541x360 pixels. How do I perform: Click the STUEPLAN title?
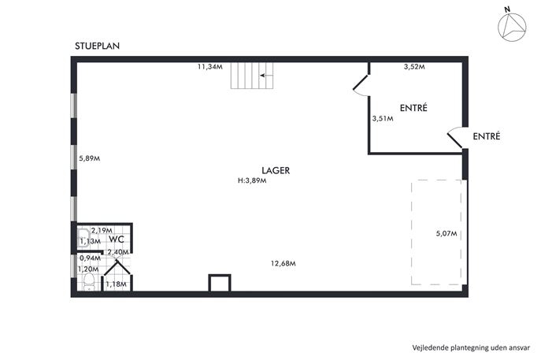(98, 46)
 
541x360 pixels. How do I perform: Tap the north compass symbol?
(512, 26)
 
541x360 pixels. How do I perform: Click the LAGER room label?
(276, 170)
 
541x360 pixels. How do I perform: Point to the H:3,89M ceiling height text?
(252, 180)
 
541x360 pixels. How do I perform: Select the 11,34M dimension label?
(209, 67)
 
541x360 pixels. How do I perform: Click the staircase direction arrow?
(266, 76)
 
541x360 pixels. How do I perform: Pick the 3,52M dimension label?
(414, 67)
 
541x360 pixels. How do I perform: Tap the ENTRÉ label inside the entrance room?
(413, 108)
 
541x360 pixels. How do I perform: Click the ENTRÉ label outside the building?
(487, 136)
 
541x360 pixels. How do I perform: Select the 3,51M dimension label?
(383, 119)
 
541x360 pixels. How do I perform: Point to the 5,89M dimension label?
(89, 158)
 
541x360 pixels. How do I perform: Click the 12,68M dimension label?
(283, 263)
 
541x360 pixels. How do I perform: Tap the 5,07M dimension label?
(447, 234)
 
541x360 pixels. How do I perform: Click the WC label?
(117, 239)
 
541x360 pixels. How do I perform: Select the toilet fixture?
(89, 281)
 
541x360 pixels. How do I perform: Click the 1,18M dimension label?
(116, 284)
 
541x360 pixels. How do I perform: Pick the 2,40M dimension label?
(118, 252)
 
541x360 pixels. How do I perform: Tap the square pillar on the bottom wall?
(220, 283)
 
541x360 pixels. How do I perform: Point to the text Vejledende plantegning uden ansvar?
(471, 347)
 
